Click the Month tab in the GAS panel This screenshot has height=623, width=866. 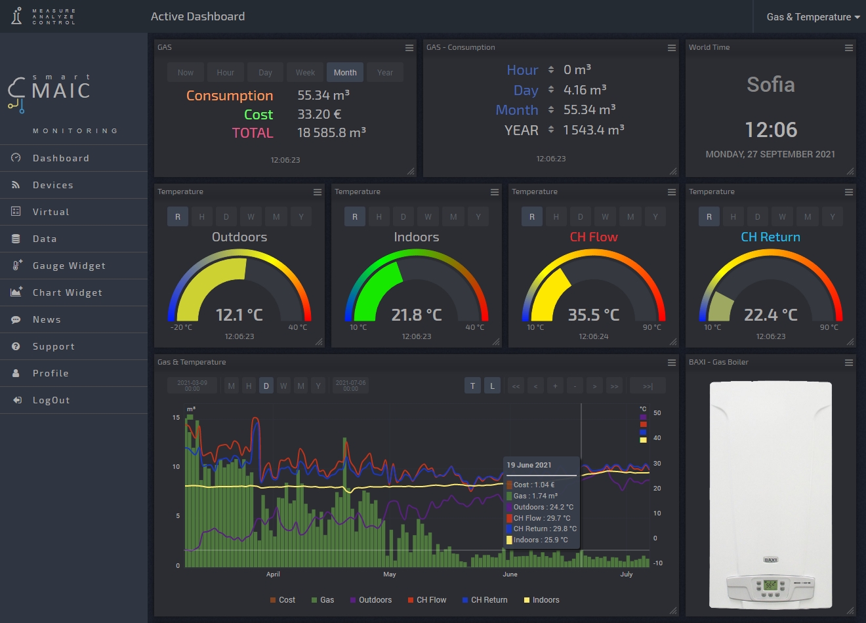[345, 73]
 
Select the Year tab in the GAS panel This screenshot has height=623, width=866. [385, 73]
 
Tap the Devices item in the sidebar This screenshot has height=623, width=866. [53, 185]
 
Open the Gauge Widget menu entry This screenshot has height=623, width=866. [69, 266]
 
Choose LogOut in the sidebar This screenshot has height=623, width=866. [51, 400]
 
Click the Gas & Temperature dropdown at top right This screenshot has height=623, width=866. [813, 17]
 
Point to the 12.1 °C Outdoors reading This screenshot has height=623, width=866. [239, 315]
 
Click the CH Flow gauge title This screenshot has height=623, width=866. [594, 237]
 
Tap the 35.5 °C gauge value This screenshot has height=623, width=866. [594, 315]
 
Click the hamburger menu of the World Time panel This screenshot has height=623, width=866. [849, 48]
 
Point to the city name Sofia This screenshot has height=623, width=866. [771, 85]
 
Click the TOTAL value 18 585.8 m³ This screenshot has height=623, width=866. [331, 132]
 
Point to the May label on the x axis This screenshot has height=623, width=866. [390, 574]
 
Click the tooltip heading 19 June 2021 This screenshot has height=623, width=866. [529, 465]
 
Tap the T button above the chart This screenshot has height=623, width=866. [472, 386]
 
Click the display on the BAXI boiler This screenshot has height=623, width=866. [770, 584]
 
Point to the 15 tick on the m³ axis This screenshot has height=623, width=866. [176, 417]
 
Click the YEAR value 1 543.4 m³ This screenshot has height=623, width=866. [594, 130]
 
